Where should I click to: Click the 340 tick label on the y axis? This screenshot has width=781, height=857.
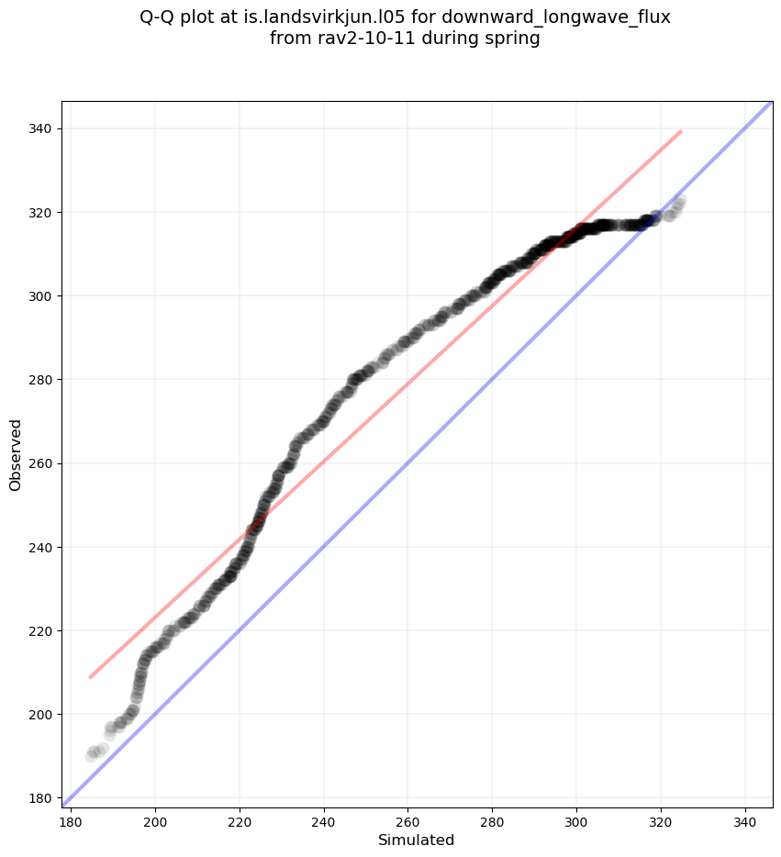(41, 129)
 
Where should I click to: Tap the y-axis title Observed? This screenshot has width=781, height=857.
(16, 454)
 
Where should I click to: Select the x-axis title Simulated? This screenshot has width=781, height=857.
(417, 840)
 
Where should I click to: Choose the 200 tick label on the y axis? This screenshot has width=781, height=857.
(41, 715)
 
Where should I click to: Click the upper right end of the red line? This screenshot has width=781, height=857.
(681, 131)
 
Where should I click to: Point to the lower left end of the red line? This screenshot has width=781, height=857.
(90, 677)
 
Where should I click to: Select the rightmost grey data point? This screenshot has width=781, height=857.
(680, 200)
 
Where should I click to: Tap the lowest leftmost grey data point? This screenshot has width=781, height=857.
(92, 755)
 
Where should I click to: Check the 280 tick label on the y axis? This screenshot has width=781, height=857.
(41, 380)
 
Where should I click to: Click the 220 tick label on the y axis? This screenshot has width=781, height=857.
(41, 631)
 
